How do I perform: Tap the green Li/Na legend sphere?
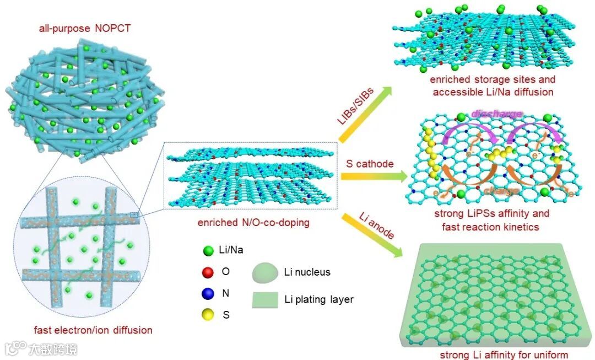click(207, 251)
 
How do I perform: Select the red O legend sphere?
click(207, 272)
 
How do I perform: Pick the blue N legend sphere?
click(207, 293)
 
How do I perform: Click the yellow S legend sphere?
click(207, 315)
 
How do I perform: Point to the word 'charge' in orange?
click(501, 191)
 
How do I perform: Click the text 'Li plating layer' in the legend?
click(319, 300)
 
